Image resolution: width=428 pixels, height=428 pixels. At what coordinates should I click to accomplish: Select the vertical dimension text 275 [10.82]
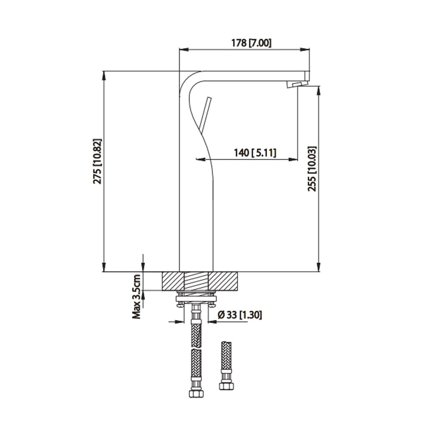pos(97,162)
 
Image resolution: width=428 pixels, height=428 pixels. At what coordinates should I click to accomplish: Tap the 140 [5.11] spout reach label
pos(255,153)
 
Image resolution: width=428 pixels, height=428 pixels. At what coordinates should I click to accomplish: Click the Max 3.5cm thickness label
pos(137,296)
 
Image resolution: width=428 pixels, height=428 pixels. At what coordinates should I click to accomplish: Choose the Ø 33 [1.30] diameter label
pos(240,315)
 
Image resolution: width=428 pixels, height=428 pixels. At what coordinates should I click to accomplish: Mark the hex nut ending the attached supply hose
pos(196,394)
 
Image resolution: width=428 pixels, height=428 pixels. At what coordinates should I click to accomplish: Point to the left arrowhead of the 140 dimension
pos(200,159)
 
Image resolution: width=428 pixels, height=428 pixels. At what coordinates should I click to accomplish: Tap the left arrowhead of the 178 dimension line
pos(182,50)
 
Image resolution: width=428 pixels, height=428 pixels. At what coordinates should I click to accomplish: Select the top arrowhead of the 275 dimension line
pos(104,75)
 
